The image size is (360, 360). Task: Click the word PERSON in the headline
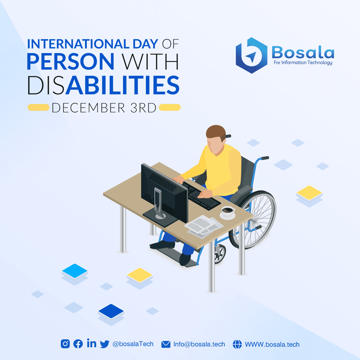[70, 61]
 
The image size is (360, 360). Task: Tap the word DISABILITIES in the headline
[103, 85]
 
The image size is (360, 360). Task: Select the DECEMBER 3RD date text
[104, 108]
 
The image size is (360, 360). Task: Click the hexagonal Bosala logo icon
[252, 55]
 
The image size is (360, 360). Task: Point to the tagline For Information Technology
[303, 63]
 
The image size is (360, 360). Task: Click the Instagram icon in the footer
[65, 344]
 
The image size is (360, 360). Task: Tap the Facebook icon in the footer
[78, 344]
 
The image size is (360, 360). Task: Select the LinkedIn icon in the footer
[92, 343]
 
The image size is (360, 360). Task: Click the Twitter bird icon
[105, 344]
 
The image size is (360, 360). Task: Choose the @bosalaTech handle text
[133, 344]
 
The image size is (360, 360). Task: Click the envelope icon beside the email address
[166, 345]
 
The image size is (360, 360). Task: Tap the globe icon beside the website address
[237, 344]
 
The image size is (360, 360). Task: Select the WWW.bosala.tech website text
[272, 345]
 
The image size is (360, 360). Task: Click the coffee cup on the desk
[228, 212]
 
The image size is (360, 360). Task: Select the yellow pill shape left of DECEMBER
[39, 108]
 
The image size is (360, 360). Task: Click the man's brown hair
[216, 133]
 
